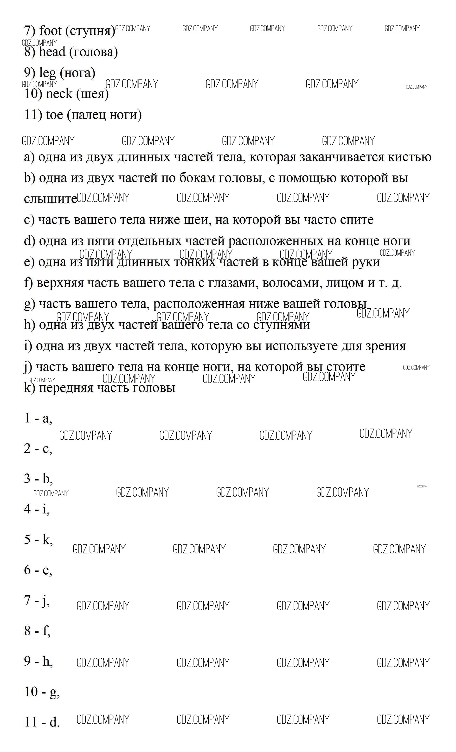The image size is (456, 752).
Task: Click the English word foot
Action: [x=50, y=31]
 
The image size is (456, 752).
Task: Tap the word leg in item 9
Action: [x=48, y=73]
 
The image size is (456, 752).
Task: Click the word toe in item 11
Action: [x=54, y=115]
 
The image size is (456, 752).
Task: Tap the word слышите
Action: [x=50, y=199]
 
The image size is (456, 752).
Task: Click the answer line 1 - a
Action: [x=38, y=418]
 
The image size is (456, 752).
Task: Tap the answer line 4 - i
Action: [x=37, y=509]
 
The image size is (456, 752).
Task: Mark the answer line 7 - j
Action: [x=37, y=600]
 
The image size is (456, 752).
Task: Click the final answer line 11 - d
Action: [x=42, y=722]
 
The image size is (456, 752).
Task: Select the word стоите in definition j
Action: [x=346, y=367]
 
